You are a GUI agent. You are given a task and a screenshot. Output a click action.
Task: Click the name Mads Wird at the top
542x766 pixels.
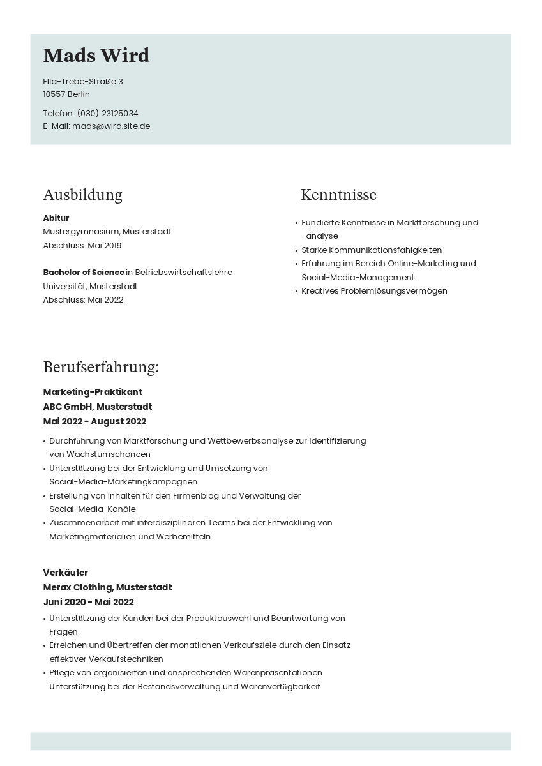point(96,56)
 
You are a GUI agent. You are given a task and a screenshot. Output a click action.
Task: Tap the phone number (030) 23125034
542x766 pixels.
point(107,114)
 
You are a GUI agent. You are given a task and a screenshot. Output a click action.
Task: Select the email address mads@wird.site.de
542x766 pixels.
point(111,126)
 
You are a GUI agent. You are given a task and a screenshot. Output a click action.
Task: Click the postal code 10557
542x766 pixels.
point(54,94)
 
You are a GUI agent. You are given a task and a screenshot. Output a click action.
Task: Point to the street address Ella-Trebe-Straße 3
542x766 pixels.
point(83,82)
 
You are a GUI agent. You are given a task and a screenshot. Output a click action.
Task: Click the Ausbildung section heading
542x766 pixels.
point(82,195)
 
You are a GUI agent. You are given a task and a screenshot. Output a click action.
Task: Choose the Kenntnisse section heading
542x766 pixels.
point(338,195)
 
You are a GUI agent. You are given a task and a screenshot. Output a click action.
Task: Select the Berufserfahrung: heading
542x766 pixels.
point(101,367)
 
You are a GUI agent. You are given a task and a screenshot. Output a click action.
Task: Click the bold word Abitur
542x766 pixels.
point(56,218)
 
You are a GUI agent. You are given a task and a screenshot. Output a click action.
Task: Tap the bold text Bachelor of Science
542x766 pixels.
point(84,273)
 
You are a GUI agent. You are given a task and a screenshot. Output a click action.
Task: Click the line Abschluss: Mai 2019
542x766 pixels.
point(82,246)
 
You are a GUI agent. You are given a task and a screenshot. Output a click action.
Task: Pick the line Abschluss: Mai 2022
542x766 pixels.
point(83,300)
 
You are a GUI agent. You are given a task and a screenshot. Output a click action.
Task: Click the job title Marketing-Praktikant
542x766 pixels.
point(93,392)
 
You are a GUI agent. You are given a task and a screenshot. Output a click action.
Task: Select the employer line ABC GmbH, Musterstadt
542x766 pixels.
point(98,407)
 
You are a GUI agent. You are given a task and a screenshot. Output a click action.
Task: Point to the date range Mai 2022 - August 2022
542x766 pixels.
point(94,421)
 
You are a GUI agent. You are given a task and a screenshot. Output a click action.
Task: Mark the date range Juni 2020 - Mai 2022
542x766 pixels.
point(89,602)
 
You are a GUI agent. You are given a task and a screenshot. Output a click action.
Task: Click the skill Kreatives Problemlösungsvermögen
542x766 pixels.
point(374,291)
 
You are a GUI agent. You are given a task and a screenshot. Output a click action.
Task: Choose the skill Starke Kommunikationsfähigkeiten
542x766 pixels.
point(372,250)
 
